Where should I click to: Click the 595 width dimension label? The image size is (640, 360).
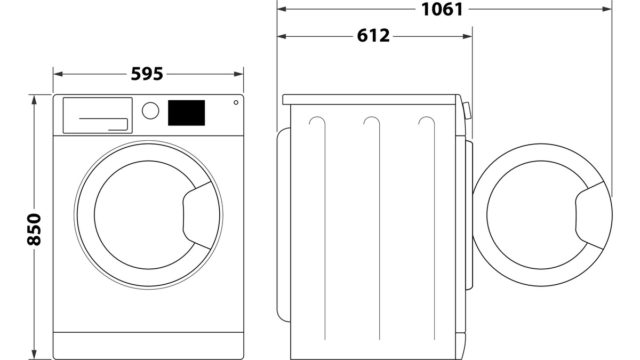[147, 74]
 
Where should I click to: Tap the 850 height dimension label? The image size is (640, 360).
[34, 229]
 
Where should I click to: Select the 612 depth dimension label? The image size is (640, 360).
[373, 36]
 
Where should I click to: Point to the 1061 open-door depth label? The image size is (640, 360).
[442, 9]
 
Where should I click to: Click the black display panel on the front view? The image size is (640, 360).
[186, 113]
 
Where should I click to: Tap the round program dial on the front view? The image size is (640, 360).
[150, 110]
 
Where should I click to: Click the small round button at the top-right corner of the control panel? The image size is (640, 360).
[236, 102]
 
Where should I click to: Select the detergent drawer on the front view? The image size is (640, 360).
[98, 115]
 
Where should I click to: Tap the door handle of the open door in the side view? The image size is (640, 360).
[590, 215]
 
